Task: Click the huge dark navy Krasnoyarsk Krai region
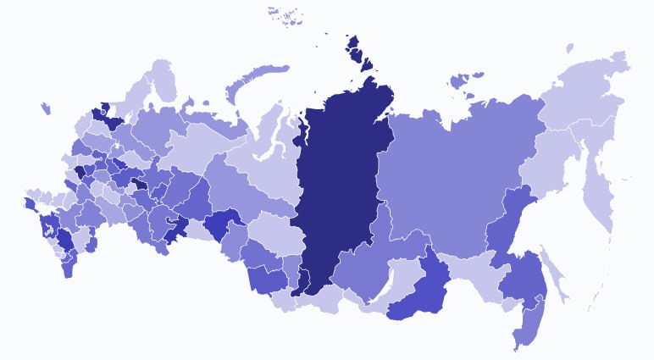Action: click(339, 186)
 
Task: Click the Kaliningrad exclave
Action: click(43, 108)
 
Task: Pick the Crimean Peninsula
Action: click(30, 204)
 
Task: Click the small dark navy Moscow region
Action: click(80, 170)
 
